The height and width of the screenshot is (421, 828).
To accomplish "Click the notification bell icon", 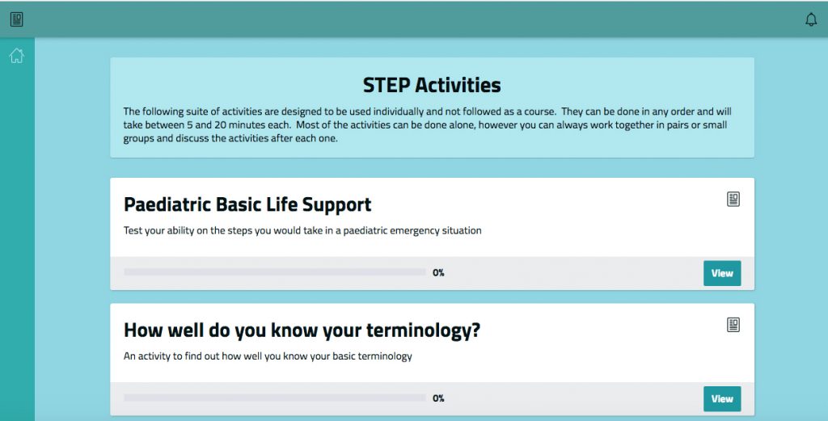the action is (x=810, y=19).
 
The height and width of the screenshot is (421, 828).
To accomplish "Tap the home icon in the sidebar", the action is (x=16, y=56).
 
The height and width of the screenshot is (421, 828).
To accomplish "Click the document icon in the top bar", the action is (x=16, y=19).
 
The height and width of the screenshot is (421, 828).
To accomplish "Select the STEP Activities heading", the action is (x=432, y=85).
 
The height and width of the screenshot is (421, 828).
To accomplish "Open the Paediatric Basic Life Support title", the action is (x=247, y=204).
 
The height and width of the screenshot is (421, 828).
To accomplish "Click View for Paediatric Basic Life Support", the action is (x=722, y=273).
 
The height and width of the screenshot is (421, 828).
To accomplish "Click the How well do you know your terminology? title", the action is (x=302, y=330).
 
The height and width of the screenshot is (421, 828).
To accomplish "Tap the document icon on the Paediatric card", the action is (x=733, y=199).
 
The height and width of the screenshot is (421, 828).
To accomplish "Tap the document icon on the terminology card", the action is (x=733, y=325).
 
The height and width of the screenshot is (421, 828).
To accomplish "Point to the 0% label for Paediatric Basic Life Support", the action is (x=438, y=273).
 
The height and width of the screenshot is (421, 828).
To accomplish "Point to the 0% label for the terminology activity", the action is (x=438, y=398).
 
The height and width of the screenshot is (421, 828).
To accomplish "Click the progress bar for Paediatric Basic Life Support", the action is (x=275, y=272).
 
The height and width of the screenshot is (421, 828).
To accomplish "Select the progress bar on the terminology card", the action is (x=275, y=398).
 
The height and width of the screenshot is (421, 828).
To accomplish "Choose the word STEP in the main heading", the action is (x=386, y=85).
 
